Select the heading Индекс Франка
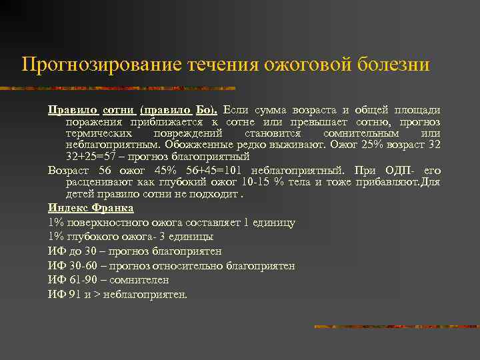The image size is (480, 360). click(x=91, y=208)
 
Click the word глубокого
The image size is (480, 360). click(x=98, y=237)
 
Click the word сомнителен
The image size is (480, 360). click(x=141, y=280)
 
